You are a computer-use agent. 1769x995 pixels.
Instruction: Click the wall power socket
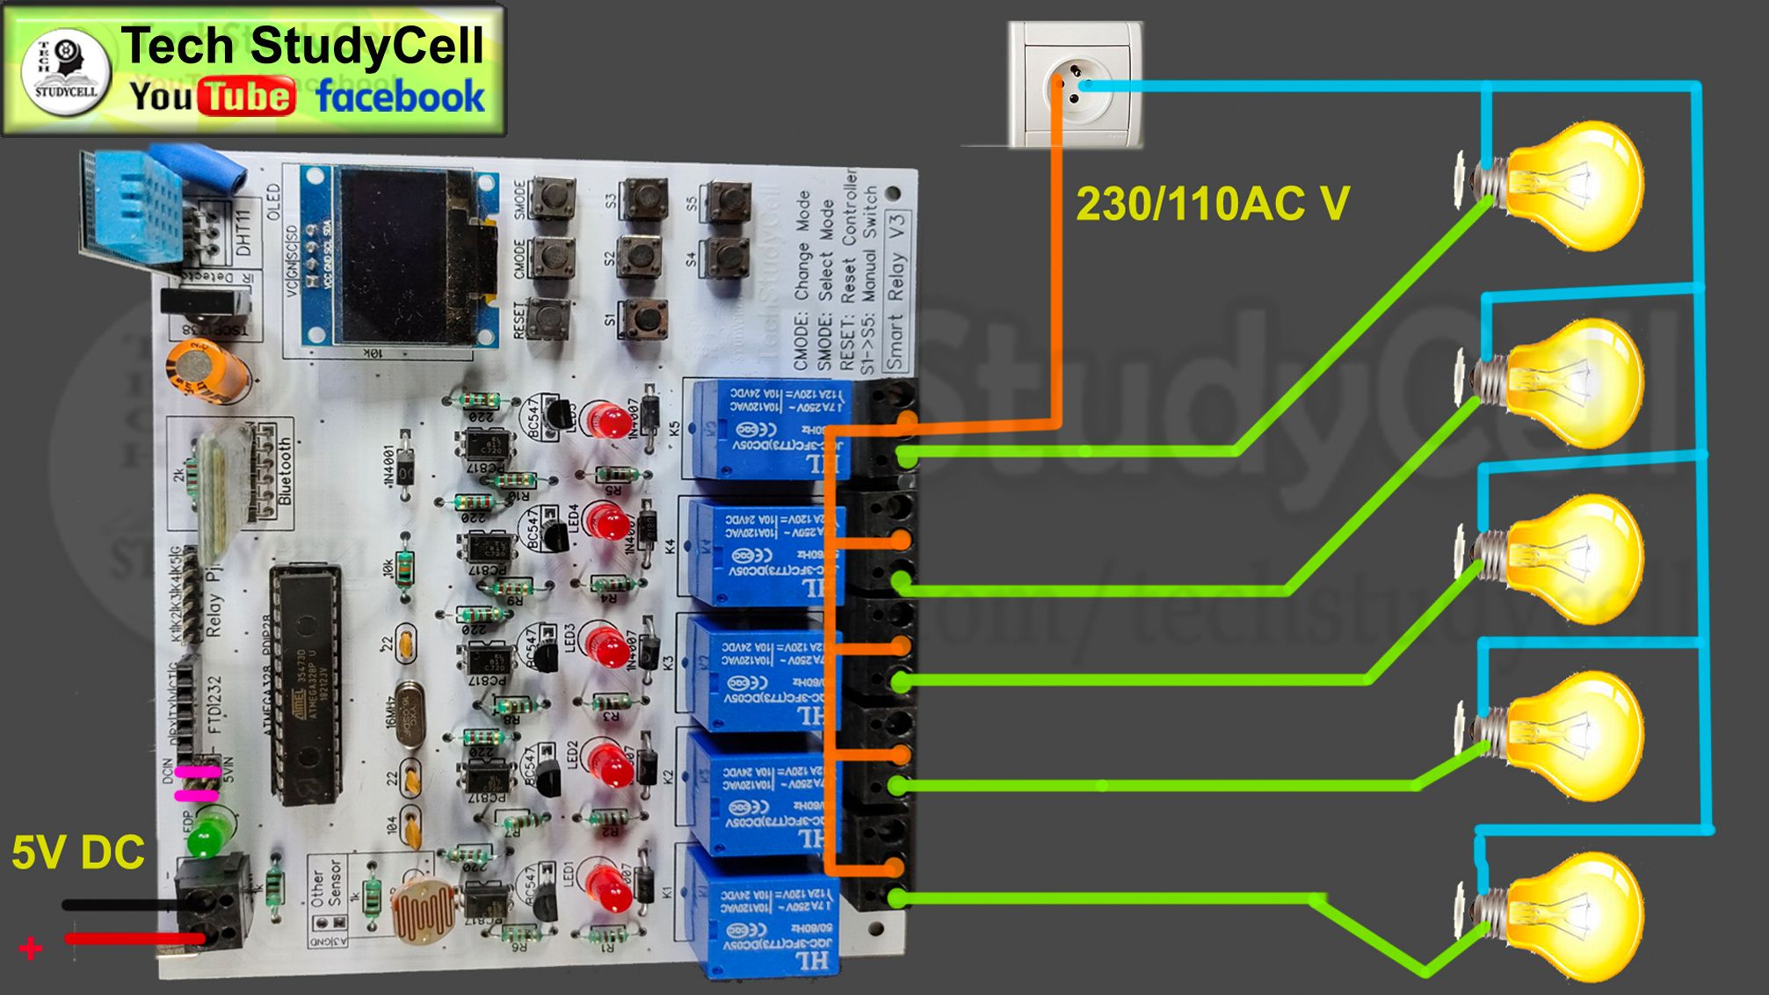pyautogui.click(x=1075, y=85)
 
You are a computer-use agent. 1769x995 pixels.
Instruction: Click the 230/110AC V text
pyautogui.click(x=1213, y=204)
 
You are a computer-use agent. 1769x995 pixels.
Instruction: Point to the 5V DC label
pyautogui.click(x=77, y=853)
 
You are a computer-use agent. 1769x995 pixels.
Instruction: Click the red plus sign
pyautogui.click(x=31, y=948)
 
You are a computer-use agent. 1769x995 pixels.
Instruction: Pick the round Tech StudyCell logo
pyautogui.click(x=66, y=70)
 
